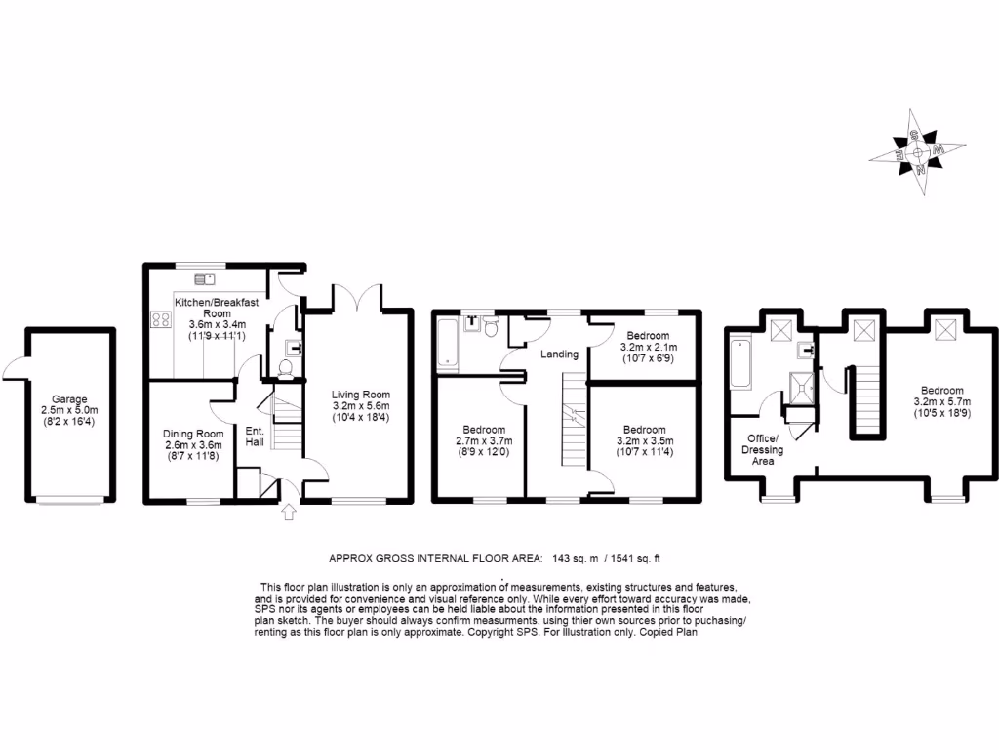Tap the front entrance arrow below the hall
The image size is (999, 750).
(x=288, y=512)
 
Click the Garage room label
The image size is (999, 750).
(x=70, y=399)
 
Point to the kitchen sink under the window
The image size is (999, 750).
(x=206, y=279)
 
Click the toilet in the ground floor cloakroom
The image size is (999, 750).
(x=286, y=368)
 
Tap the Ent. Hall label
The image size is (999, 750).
(x=254, y=437)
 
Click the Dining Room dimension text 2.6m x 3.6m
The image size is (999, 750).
(x=192, y=446)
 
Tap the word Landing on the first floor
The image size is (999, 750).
(x=560, y=354)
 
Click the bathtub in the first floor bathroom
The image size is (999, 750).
(x=448, y=344)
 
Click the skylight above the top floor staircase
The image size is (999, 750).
(x=863, y=330)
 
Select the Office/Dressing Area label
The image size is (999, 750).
(x=763, y=449)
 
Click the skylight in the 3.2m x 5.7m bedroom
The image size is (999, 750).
(x=943, y=330)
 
